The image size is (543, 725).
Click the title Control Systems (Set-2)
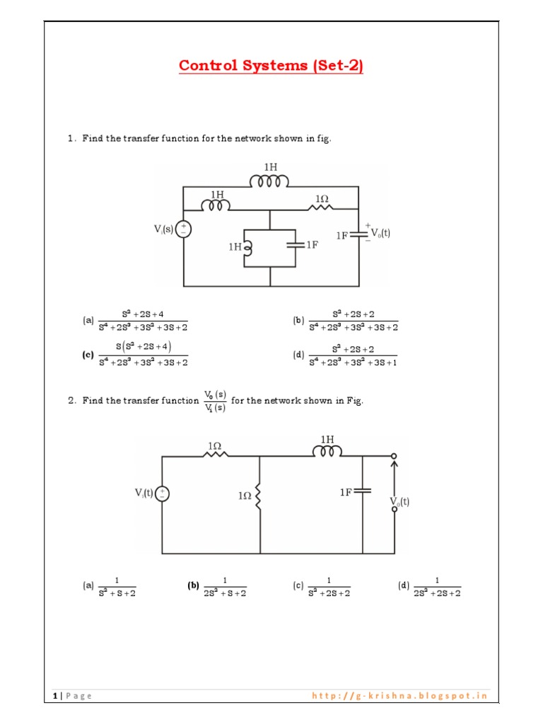pyautogui.click(x=271, y=66)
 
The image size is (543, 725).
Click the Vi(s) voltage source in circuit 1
pyautogui.click(x=183, y=229)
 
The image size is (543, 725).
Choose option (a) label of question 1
pyautogui.click(x=88, y=320)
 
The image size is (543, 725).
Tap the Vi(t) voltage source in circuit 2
pyautogui.click(x=163, y=493)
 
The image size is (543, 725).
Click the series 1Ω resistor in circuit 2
pyautogui.click(x=216, y=456)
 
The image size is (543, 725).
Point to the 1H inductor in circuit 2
pyautogui.click(x=327, y=451)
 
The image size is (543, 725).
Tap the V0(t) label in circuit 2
pyautogui.click(x=399, y=502)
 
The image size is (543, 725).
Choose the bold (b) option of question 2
pyautogui.click(x=193, y=586)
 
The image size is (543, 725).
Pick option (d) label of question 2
pyautogui.click(x=404, y=586)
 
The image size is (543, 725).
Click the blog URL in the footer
pyautogui.click(x=399, y=695)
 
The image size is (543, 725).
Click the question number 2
pyautogui.click(x=72, y=400)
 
